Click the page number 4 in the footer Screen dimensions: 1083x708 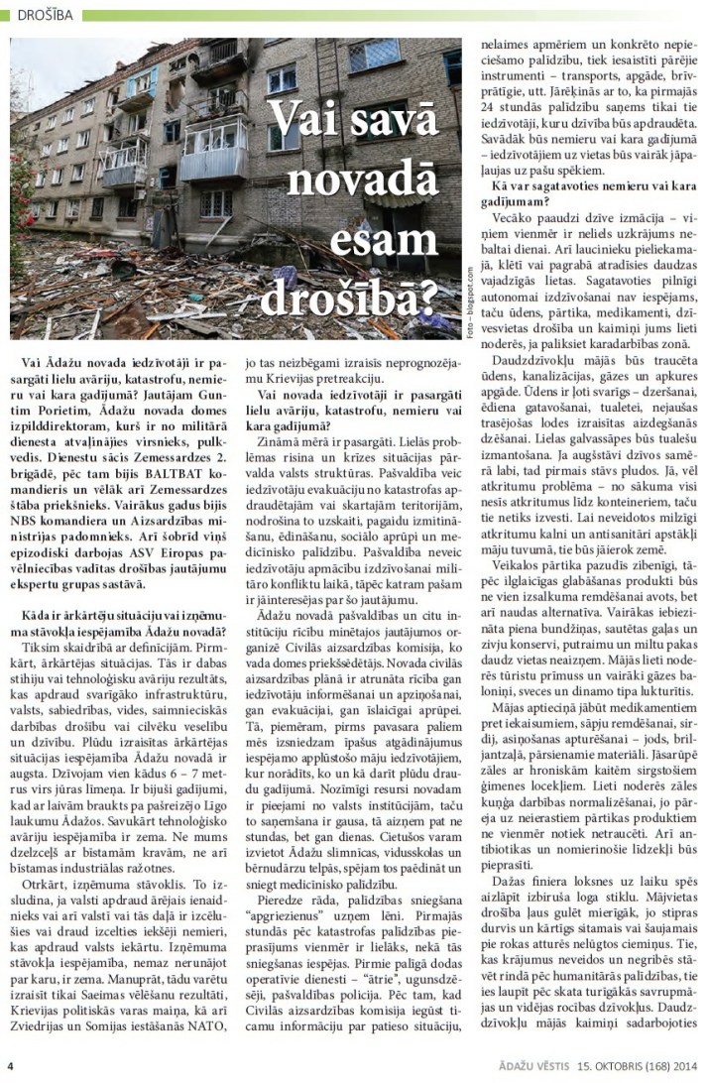(10, 1067)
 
